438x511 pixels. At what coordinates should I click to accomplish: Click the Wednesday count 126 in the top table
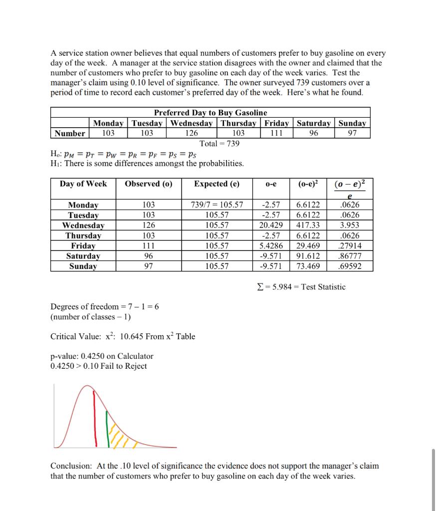191,133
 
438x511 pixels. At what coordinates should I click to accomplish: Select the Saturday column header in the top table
313,123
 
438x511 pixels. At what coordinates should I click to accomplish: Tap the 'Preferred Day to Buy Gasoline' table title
210,113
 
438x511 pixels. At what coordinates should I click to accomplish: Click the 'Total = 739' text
219,144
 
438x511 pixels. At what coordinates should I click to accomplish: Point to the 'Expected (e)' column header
217,184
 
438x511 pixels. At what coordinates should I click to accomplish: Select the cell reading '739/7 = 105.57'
217,205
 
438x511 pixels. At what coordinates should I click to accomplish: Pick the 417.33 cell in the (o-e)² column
308,225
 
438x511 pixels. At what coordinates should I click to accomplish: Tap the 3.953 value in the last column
349,225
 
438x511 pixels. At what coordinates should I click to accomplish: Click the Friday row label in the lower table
83,246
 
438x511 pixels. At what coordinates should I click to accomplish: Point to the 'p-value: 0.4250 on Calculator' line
102,356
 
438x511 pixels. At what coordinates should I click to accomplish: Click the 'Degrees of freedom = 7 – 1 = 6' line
105,306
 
